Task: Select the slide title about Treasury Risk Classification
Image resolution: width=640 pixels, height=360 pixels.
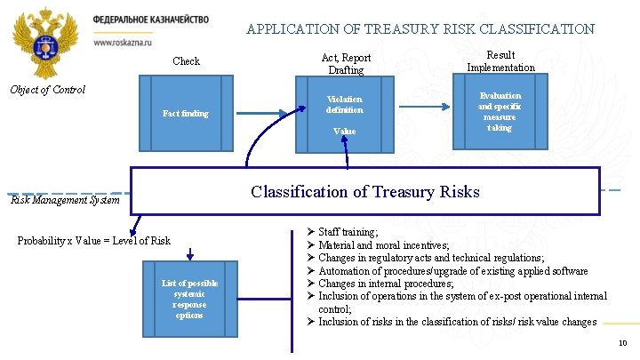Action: coord(420,28)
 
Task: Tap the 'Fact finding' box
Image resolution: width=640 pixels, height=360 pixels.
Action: coord(186,114)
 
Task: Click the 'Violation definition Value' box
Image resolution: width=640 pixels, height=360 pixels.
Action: coord(344,115)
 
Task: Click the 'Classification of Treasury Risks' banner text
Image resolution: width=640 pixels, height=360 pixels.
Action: coord(364,192)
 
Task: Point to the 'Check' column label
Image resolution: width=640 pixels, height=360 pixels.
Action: coord(186,61)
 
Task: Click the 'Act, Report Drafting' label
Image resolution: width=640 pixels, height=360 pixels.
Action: coord(346,63)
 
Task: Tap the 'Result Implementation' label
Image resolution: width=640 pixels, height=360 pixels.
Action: coord(500,60)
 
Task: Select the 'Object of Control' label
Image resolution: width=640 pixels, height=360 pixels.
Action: coord(46,89)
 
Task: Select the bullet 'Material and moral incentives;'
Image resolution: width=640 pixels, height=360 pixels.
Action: coord(383,245)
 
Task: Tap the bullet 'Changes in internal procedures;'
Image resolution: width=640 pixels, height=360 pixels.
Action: coord(387,284)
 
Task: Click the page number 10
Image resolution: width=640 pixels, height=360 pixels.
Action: coord(621,343)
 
